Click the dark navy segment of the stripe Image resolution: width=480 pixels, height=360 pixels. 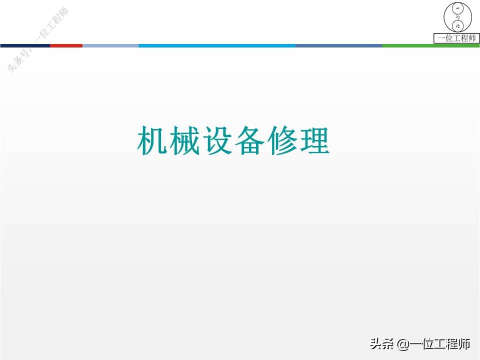pyautogui.click(x=25, y=45)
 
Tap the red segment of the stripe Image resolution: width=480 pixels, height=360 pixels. pyautogui.click(x=66, y=45)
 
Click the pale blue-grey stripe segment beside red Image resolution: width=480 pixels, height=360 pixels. pyautogui.click(x=110, y=45)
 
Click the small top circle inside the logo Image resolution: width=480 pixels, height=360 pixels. pyautogui.click(x=457, y=9)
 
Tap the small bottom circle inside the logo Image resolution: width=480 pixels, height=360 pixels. pyautogui.click(x=457, y=25)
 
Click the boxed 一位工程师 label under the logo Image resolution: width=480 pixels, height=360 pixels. pyautogui.click(x=456, y=38)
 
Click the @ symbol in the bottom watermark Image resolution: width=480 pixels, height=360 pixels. pyautogui.click(x=403, y=344)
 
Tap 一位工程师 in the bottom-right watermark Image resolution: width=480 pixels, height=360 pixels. pyautogui.click(x=440, y=344)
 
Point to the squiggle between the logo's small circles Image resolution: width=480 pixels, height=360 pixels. pyautogui.click(x=457, y=17)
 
